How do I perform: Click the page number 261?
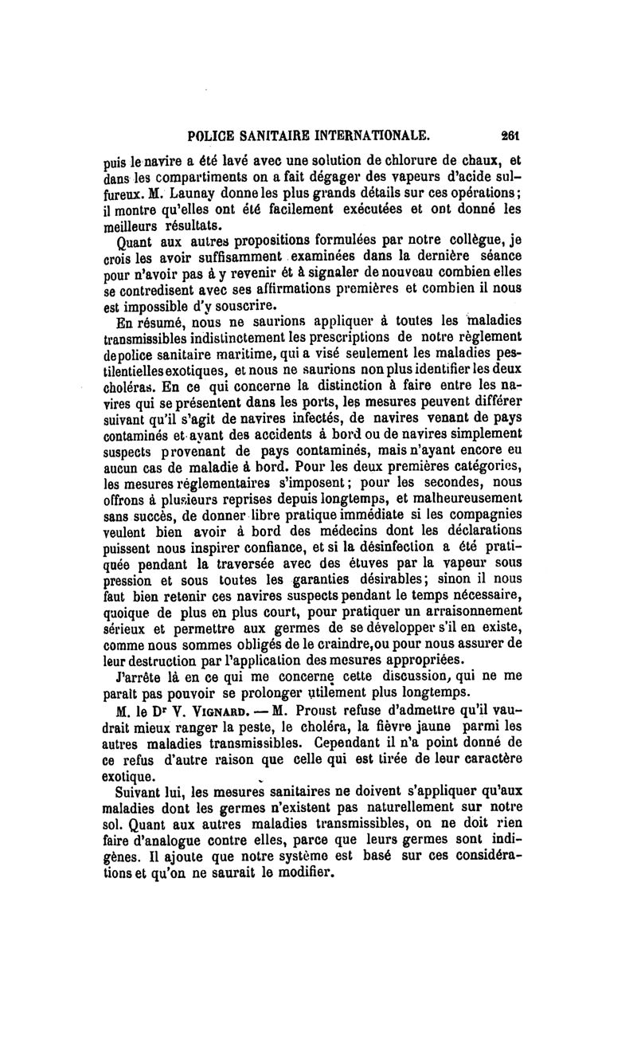coord(510,135)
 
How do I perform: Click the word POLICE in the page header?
coord(210,135)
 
